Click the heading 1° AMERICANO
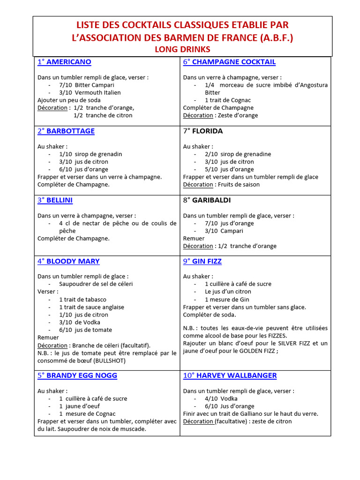(64, 62)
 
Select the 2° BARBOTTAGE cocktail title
(66, 131)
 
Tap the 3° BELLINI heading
(55, 200)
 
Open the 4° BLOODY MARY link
(68, 261)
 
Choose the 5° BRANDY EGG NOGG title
(77, 375)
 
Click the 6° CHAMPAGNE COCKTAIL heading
(229, 62)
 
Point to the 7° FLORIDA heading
(203, 131)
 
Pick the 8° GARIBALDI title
(207, 200)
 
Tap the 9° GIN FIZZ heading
(202, 261)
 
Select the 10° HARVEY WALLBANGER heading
(230, 375)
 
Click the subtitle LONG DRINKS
(182, 49)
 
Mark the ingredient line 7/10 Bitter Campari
(87, 85)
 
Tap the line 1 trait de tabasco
(82, 300)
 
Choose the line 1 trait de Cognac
(228, 100)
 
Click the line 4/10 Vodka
(221, 398)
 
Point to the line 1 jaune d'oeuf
(79, 406)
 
